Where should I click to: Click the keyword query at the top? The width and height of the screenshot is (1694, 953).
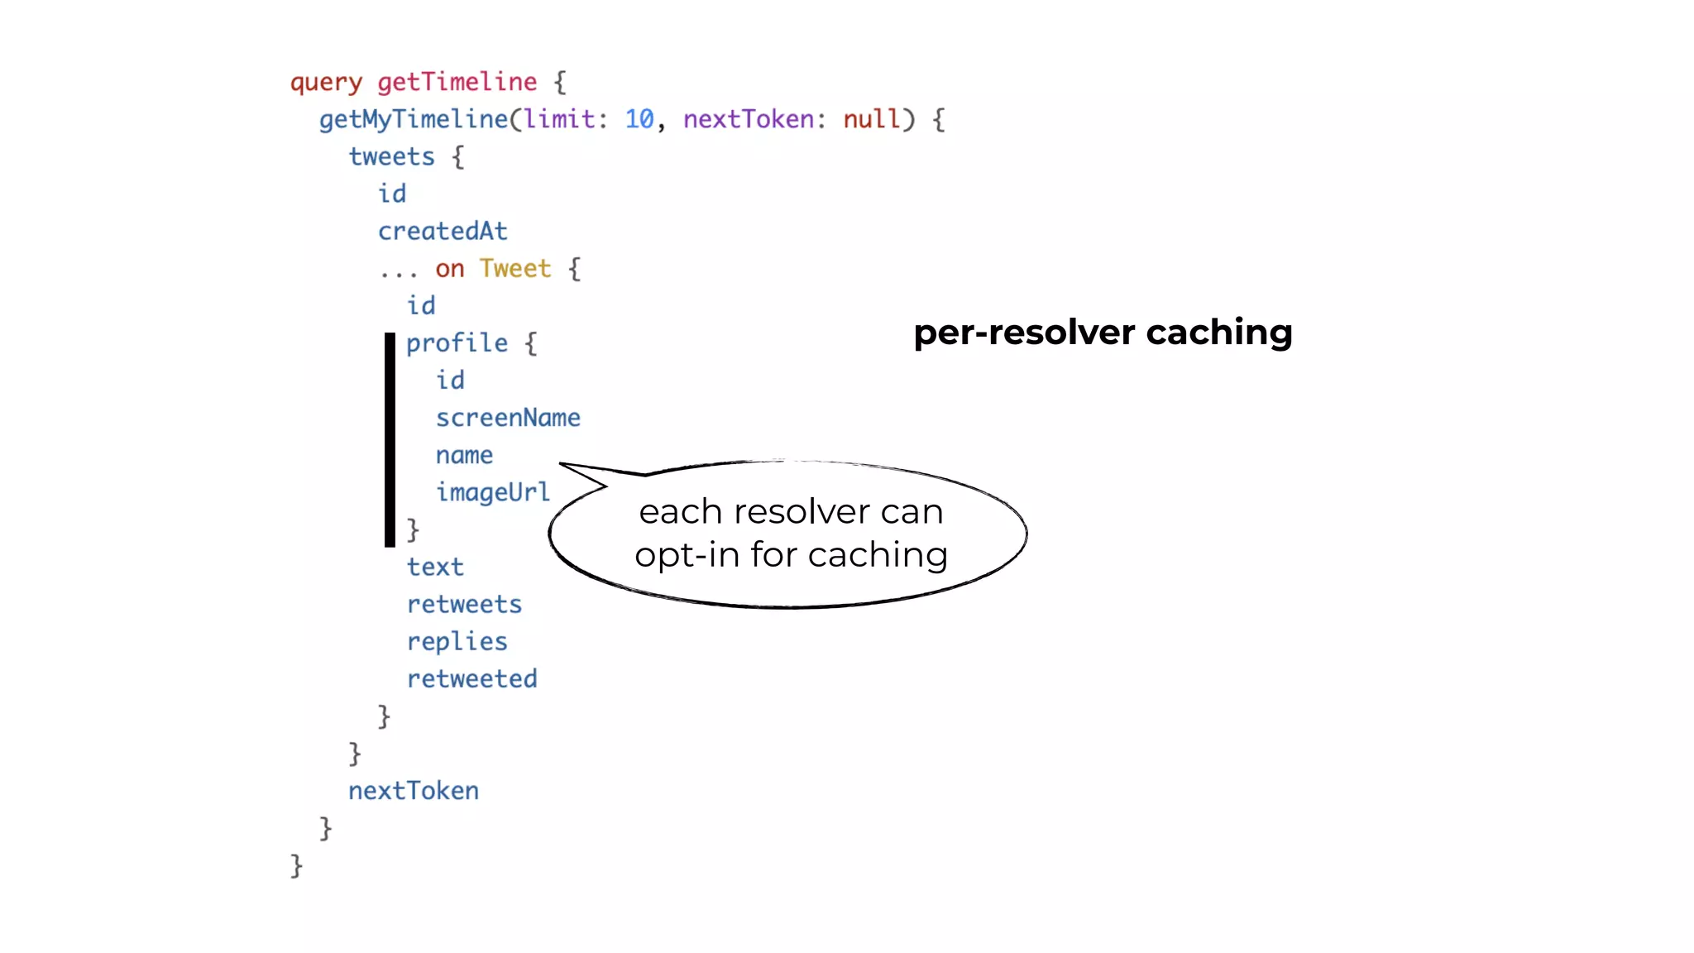[x=326, y=83]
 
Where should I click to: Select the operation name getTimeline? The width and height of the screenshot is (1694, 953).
[x=457, y=82]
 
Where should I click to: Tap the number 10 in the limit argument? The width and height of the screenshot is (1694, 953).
[x=639, y=119]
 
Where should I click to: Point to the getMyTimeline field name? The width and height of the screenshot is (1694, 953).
[x=413, y=120]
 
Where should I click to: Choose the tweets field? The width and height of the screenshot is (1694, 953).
[x=391, y=157]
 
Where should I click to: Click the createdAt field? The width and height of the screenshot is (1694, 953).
[x=443, y=232]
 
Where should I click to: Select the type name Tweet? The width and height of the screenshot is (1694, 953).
[x=514, y=269]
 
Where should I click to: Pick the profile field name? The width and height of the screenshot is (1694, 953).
[x=457, y=343]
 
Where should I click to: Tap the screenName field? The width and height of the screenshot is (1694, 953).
[x=508, y=418]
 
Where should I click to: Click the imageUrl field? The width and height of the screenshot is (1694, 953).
[x=493, y=493]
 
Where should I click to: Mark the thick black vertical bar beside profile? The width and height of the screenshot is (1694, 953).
[x=390, y=439]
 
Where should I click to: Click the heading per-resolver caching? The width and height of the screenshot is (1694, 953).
[x=1103, y=333]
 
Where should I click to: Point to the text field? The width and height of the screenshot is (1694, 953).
[x=435, y=567]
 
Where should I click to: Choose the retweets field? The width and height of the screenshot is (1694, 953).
[x=464, y=605]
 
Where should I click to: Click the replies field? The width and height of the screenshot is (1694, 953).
[x=457, y=642]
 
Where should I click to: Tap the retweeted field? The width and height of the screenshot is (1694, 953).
[x=471, y=679]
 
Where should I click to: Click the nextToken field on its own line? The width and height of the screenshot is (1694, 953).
[x=413, y=791]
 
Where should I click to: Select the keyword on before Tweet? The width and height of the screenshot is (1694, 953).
[x=449, y=269]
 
